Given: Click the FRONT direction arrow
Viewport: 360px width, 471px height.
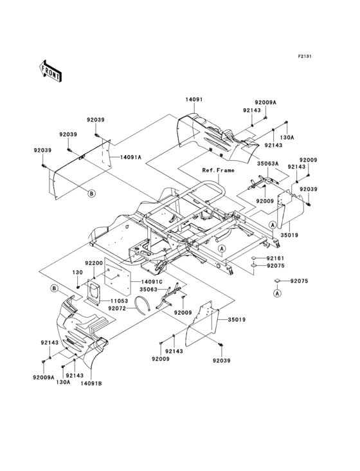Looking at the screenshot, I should [51, 71].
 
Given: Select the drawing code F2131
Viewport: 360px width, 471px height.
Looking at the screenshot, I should [304, 57].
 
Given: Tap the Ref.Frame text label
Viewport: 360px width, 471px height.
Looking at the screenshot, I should [219, 171].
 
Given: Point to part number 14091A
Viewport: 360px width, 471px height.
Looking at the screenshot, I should [130, 157].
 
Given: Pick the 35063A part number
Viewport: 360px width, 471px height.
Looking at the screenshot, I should [268, 164].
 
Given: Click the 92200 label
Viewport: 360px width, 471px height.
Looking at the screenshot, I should [94, 263].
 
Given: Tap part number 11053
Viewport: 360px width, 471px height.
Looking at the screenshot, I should [119, 301].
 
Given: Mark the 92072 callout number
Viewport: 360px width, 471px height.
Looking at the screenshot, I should [118, 309].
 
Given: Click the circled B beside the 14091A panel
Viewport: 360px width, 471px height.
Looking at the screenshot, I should [91, 193].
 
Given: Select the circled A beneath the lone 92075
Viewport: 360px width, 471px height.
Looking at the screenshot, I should [277, 293].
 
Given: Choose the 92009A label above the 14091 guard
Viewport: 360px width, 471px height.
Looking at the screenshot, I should [265, 102].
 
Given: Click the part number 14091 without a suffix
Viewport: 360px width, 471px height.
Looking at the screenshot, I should [195, 100].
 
